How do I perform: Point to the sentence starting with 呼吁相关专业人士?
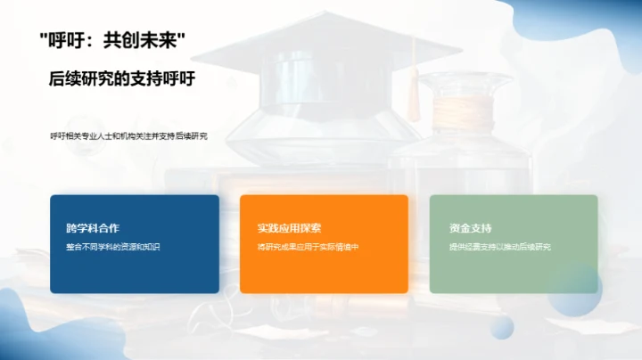128,136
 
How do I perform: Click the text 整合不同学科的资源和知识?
112,246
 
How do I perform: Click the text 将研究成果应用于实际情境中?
307,246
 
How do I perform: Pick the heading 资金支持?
471,228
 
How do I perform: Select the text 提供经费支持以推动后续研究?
500,246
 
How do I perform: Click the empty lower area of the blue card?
135,273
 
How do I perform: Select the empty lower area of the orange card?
324,273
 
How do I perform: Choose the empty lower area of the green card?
514,273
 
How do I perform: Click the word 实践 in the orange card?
268,228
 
